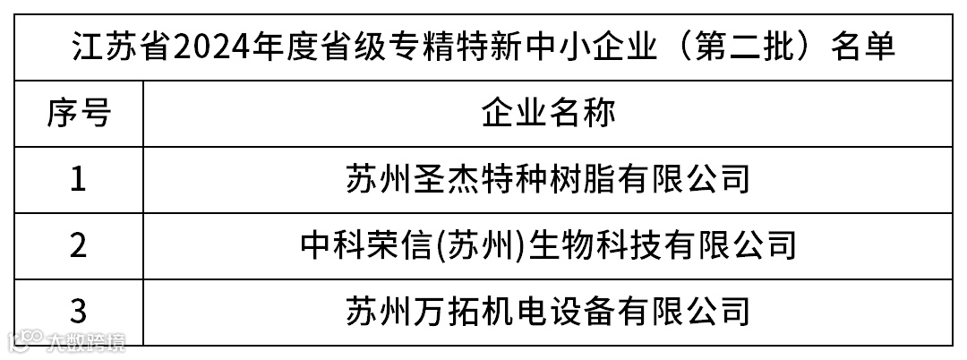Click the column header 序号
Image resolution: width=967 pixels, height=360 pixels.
click(79, 114)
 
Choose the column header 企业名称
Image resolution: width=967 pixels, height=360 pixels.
click(548, 114)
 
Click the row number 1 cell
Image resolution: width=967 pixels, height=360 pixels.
click(79, 180)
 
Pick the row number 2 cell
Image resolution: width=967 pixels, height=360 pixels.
click(79, 244)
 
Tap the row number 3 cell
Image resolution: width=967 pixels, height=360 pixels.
click(79, 311)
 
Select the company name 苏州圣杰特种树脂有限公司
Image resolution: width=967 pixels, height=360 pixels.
click(547, 180)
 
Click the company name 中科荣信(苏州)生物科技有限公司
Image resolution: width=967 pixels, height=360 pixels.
click(547, 244)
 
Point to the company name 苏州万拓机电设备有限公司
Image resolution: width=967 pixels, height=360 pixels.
click(547, 311)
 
